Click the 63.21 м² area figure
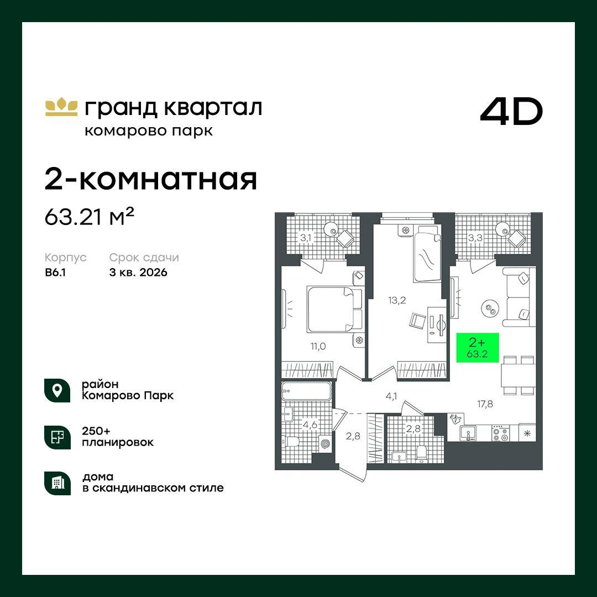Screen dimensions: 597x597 click(x=90, y=217)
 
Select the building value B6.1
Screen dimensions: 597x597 click(x=56, y=273)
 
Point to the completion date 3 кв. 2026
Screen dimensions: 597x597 click(x=138, y=273)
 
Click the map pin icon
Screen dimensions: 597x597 click(x=57, y=390)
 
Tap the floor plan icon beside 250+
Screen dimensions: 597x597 click(x=57, y=437)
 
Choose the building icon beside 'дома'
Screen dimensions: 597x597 click(x=57, y=483)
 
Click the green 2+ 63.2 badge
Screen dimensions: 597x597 click(x=477, y=348)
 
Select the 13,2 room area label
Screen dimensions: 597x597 click(x=397, y=300)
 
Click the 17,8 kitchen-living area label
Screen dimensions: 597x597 click(x=485, y=404)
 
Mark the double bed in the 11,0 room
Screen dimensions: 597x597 click(x=334, y=309)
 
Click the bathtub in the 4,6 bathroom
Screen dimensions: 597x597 click(x=306, y=392)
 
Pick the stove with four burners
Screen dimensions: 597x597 click(x=500, y=433)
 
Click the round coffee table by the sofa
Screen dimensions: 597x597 click(x=489, y=308)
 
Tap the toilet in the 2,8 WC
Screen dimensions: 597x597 click(x=422, y=453)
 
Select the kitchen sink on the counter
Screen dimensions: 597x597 click(x=469, y=433)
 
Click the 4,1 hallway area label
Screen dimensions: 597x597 click(x=392, y=395)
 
